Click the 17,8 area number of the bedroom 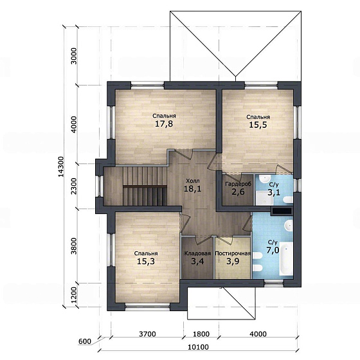(x=164, y=124)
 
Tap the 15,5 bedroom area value (x=258, y=125)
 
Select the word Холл (x=193, y=181)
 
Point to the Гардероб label (x=238, y=184)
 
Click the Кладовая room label (x=197, y=253)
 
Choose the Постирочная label (x=232, y=253)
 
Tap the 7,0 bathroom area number (x=273, y=250)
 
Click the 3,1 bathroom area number (x=274, y=192)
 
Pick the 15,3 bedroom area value (x=145, y=261)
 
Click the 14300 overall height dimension (x=61, y=166)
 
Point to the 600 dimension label (x=84, y=341)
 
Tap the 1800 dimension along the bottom (x=201, y=334)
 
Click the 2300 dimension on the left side (x=74, y=186)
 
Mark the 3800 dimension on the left (x=74, y=246)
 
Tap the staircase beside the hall (x=145, y=186)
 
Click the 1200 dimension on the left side (x=74, y=295)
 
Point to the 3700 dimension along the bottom (x=147, y=334)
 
